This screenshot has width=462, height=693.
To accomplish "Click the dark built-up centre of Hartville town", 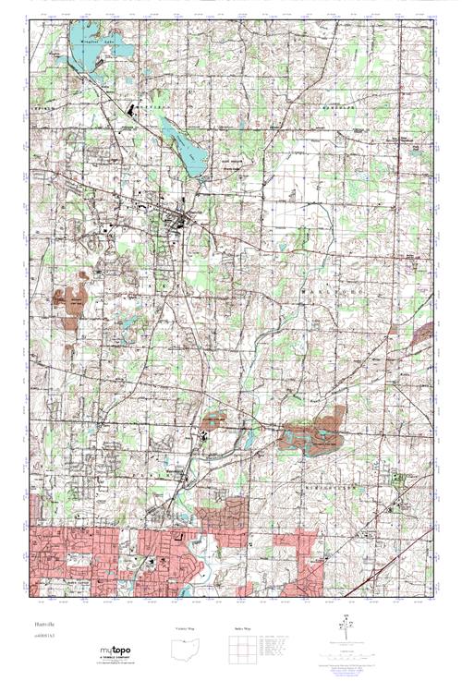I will (175, 218).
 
